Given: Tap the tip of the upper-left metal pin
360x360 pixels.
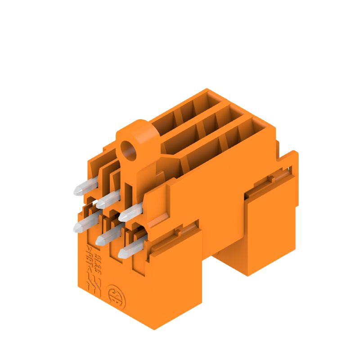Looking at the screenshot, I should [77, 191].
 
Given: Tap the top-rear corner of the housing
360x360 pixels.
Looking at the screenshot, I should [207, 90].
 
